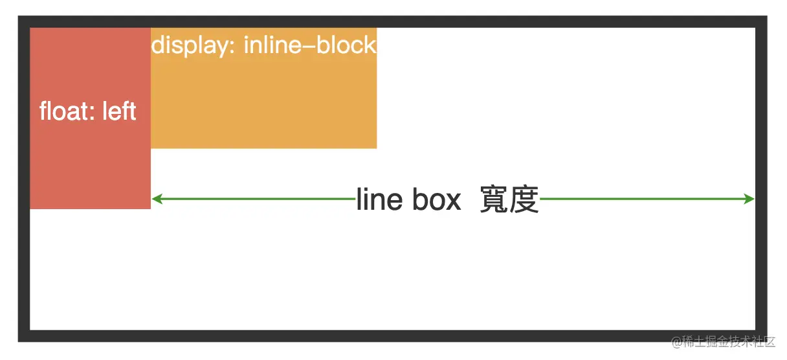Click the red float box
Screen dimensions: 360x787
pos(90,162)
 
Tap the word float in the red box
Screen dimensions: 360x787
pos(60,111)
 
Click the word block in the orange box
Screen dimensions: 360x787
pos(346,45)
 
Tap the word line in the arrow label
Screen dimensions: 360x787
pos(379,200)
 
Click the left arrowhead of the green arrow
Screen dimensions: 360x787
pos(156,199)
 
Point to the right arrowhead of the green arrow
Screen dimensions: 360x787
pos(750,199)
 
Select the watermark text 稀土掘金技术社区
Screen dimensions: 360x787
pos(730,341)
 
